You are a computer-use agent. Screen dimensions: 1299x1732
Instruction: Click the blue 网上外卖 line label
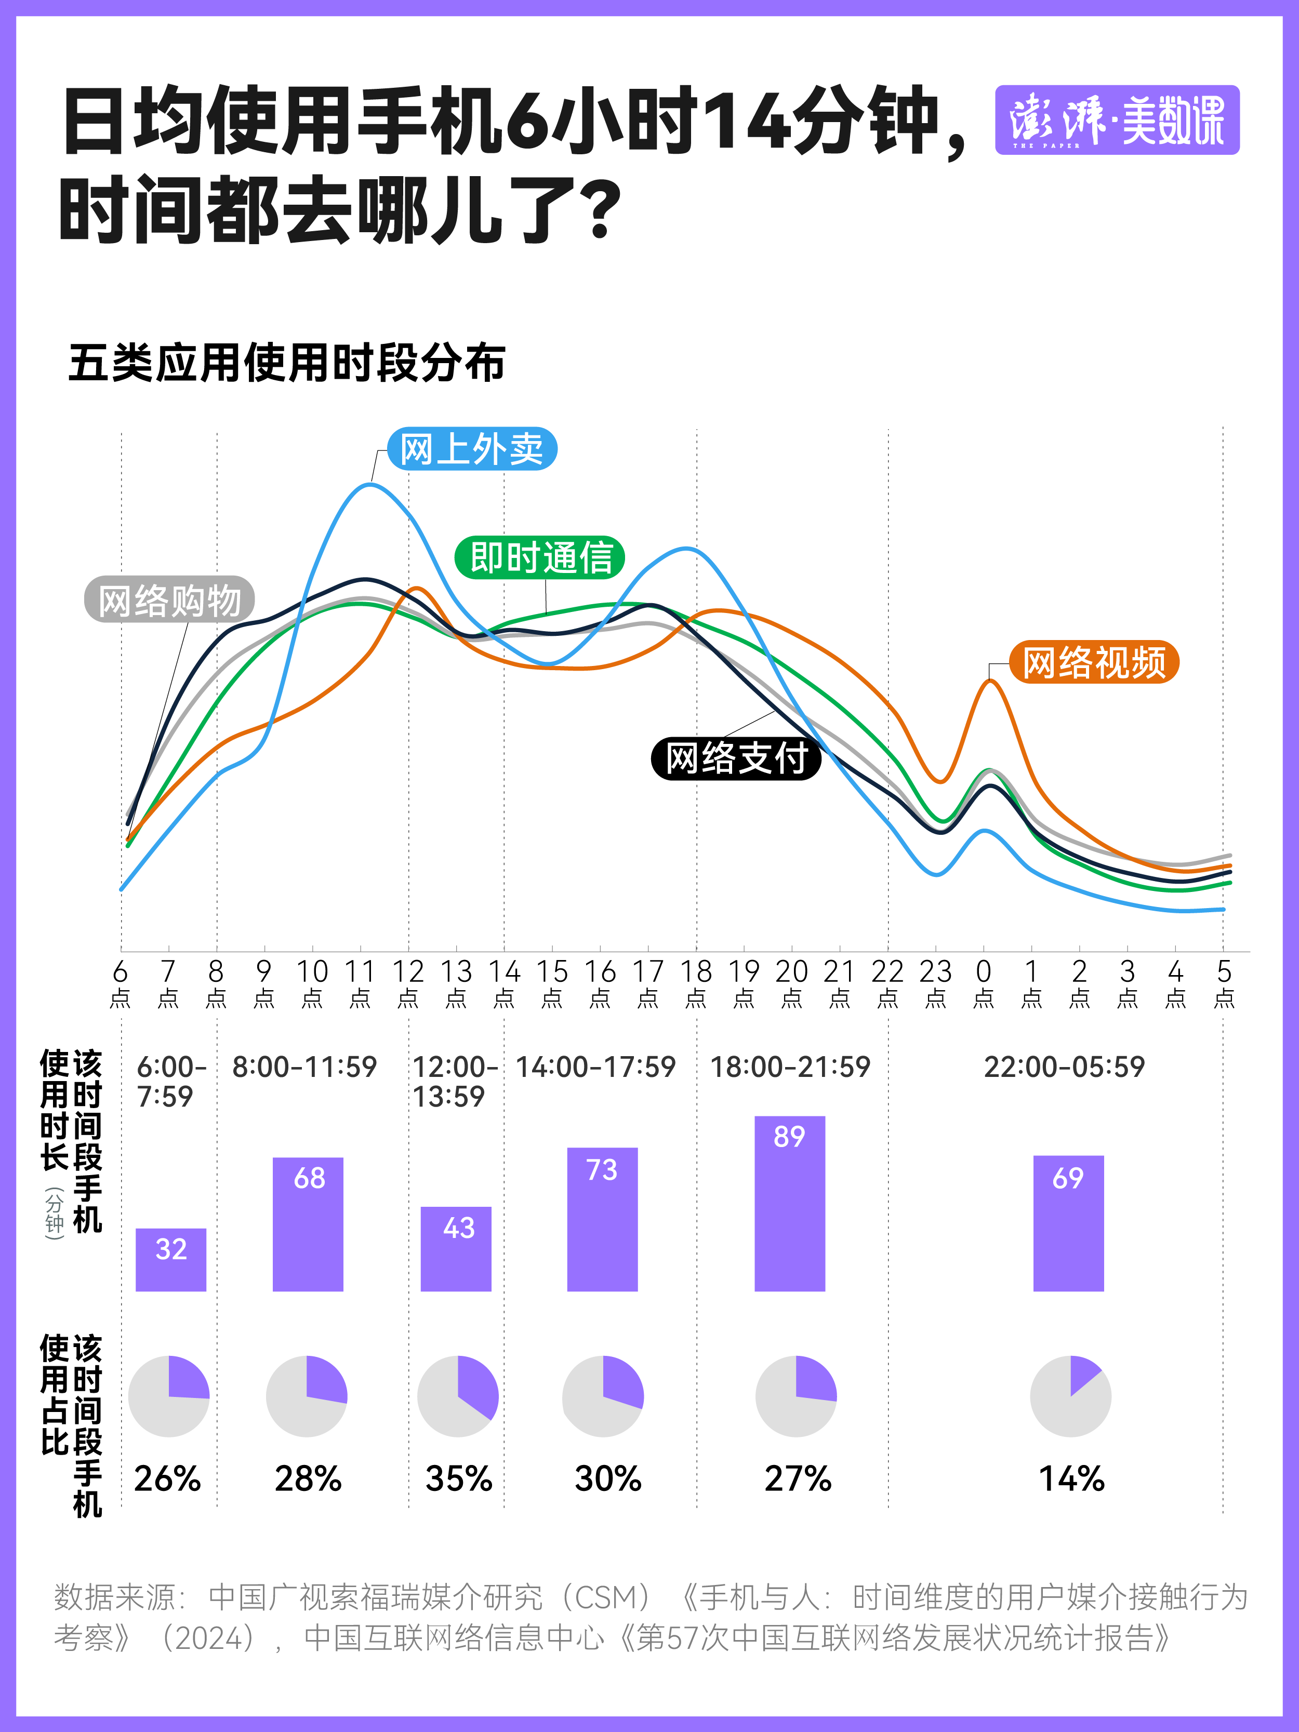point(472,449)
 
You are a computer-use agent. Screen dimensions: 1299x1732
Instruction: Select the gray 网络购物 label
point(169,601)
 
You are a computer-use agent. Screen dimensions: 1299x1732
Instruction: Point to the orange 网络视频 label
point(1094,662)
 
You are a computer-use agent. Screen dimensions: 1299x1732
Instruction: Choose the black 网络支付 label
point(736,758)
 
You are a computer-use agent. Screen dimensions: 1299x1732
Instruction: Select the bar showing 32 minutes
point(171,1260)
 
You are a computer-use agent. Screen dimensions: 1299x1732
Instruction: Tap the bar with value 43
point(456,1249)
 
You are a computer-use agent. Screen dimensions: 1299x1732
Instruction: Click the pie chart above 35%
point(458,1396)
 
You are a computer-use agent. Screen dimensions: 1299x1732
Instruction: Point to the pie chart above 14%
point(1070,1396)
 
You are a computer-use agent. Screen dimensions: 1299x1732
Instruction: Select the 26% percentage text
point(167,1479)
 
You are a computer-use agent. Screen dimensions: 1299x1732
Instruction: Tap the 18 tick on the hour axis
point(696,983)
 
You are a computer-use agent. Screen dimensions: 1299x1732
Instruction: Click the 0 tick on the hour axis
point(984,983)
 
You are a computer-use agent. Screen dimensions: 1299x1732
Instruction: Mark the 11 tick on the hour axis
point(360,983)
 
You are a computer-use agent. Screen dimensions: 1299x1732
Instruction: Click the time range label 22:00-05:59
point(1064,1067)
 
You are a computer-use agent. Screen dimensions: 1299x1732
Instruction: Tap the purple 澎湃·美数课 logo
point(1117,120)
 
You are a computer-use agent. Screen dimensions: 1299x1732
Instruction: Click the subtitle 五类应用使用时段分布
point(287,363)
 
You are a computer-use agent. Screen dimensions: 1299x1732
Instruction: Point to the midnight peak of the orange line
point(990,681)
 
